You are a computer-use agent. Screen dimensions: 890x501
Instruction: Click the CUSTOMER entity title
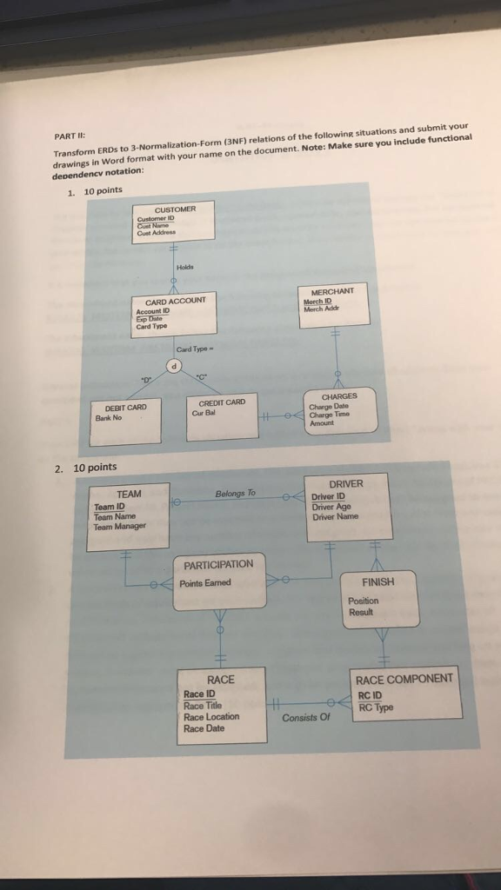[x=175, y=209]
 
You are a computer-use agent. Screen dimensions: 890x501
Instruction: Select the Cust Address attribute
[x=157, y=232]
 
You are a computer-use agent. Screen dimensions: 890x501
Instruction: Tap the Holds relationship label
[x=184, y=266]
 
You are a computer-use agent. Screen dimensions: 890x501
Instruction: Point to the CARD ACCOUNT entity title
[x=175, y=301]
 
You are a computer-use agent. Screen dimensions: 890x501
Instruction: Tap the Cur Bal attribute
[x=204, y=413]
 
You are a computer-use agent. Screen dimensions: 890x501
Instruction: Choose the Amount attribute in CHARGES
[x=322, y=422]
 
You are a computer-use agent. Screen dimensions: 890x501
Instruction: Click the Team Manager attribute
[x=120, y=526]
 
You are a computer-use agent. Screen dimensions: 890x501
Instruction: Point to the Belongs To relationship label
[x=235, y=494]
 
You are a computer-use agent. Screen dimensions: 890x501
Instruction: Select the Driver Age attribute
[x=331, y=507]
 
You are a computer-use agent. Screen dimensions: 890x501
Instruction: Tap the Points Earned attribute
[x=205, y=582]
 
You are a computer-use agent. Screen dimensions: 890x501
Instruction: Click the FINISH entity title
[x=377, y=582]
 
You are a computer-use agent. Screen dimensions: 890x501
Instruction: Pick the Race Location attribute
[x=211, y=717]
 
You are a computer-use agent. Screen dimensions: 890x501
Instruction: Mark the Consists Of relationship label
[x=307, y=718]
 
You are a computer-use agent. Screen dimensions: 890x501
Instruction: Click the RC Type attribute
[x=376, y=707]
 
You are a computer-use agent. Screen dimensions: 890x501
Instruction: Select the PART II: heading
[x=67, y=137]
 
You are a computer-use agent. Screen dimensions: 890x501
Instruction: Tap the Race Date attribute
[x=204, y=728]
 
